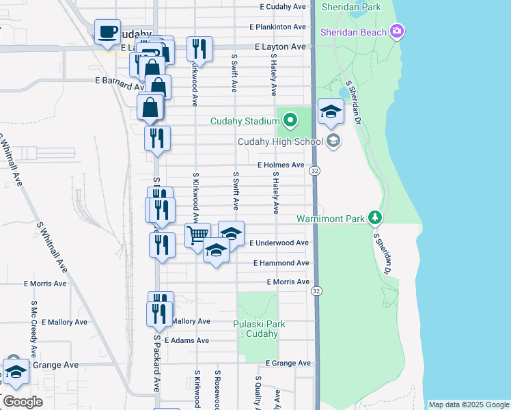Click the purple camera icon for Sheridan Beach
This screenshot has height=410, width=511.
(397, 31)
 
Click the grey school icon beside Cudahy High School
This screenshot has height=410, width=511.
(333, 141)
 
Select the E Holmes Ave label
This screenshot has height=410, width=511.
(281, 165)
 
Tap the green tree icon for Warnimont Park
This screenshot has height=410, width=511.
(374, 218)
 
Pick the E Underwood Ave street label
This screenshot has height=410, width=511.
(279, 243)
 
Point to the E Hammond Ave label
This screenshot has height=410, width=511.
(281, 263)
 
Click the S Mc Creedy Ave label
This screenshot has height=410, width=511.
(33, 325)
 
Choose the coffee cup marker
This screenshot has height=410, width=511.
(107, 31)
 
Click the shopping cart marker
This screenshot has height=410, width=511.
(197, 235)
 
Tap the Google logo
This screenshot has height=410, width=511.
(23, 402)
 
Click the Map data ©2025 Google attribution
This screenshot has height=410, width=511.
(469, 405)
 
